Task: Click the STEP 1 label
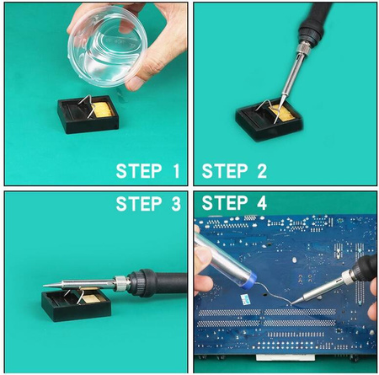[x=148, y=171]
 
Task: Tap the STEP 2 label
[x=234, y=171]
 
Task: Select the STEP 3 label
[x=148, y=204]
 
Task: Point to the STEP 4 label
[x=234, y=203]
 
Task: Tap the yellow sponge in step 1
[x=103, y=110]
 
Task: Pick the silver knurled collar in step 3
[x=121, y=283]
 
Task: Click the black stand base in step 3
[x=76, y=306]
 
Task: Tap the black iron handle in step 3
[x=157, y=282]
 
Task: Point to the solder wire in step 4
[x=274, y=293]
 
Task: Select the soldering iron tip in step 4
[x=297, y=301]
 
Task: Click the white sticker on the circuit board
[x=245, y=299]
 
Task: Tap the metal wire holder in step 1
[x=87, y=105]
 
